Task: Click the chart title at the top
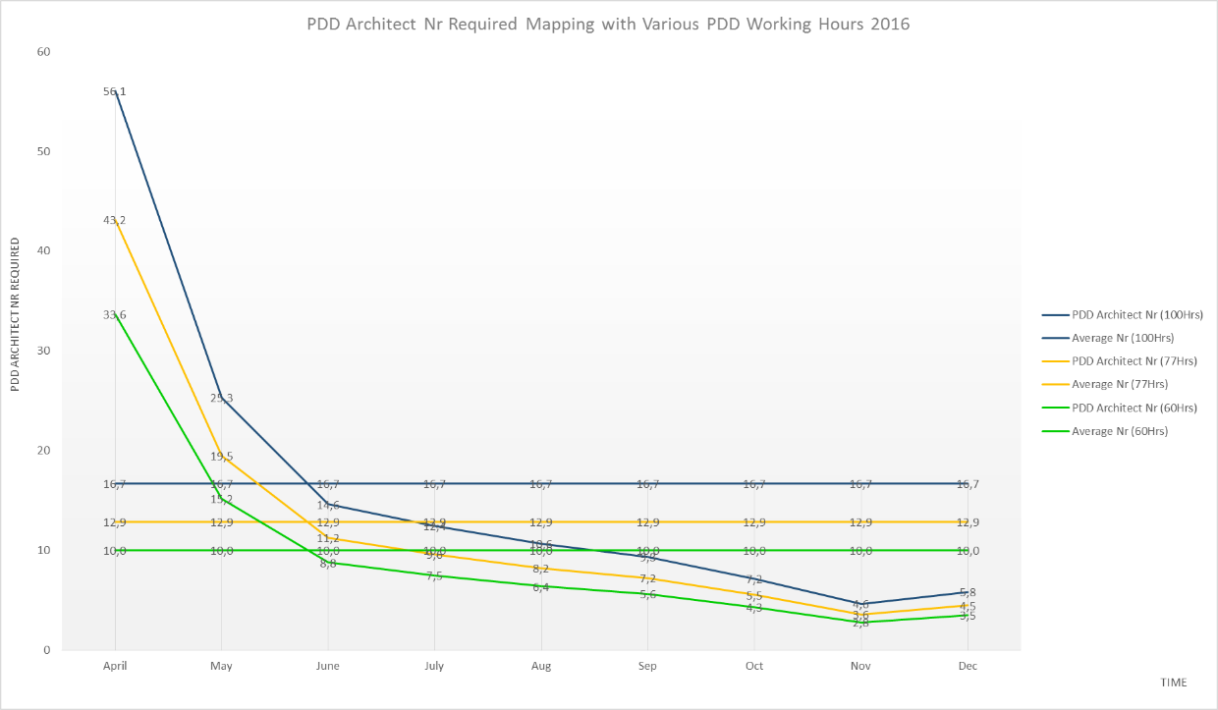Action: (608, 25)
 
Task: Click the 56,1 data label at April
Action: (115, 91)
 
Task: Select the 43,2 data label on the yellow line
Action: (115, 220)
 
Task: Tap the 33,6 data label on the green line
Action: (115, 314)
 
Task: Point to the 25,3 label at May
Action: (221, 398)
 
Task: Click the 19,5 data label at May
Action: (221, 457)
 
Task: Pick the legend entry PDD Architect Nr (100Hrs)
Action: (1137, 314)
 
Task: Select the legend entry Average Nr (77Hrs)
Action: (1121, 384)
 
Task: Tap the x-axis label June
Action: (327, 666)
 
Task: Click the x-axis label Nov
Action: (860, 666)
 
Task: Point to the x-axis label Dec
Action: (967, 666)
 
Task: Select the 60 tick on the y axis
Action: (44, 51)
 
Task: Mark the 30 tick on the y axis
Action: (44, 351)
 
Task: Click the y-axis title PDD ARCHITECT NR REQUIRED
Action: (16, 311)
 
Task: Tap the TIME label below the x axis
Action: (1173, 683)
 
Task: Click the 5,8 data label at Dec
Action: (968, 592)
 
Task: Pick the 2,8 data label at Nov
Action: (860, 624)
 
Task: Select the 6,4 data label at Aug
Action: (540, 587)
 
